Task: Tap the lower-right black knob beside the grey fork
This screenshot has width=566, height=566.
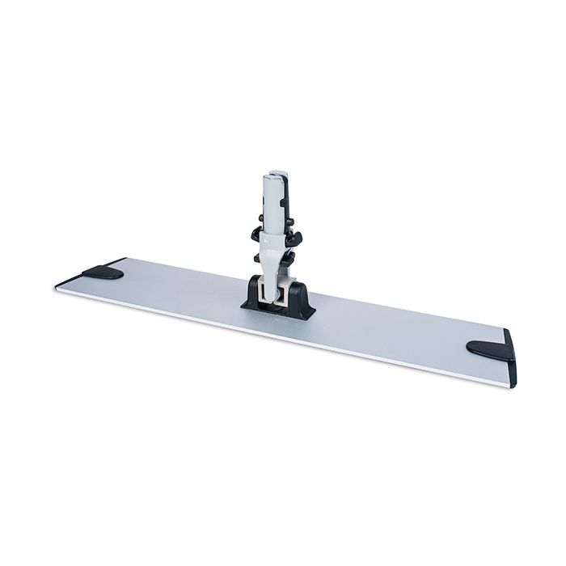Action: (294, 258)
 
